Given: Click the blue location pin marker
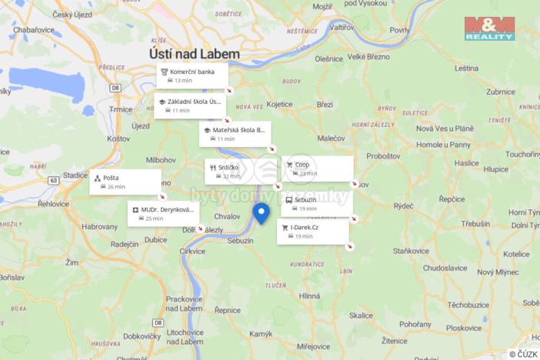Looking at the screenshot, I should (x=262, y=213).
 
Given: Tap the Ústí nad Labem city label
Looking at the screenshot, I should (x=195, y=55).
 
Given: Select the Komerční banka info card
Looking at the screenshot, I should (x=192, y=75).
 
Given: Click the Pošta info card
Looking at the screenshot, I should (x=125, y=182).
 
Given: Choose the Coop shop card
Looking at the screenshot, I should (x=317, y=168).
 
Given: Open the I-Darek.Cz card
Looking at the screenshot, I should (x=312, y=232).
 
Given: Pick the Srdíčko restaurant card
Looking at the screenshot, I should (x=226, y=171).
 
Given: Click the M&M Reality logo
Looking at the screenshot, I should (x=489, y=28).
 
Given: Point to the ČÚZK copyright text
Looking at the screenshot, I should (x=523, y=354).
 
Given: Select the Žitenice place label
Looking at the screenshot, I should (x=394, y=339).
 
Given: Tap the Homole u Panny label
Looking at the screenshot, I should (x=443, y=145).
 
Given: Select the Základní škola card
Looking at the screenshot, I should (x=190, y=105).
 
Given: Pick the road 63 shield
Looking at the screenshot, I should (x=53, y=180).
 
